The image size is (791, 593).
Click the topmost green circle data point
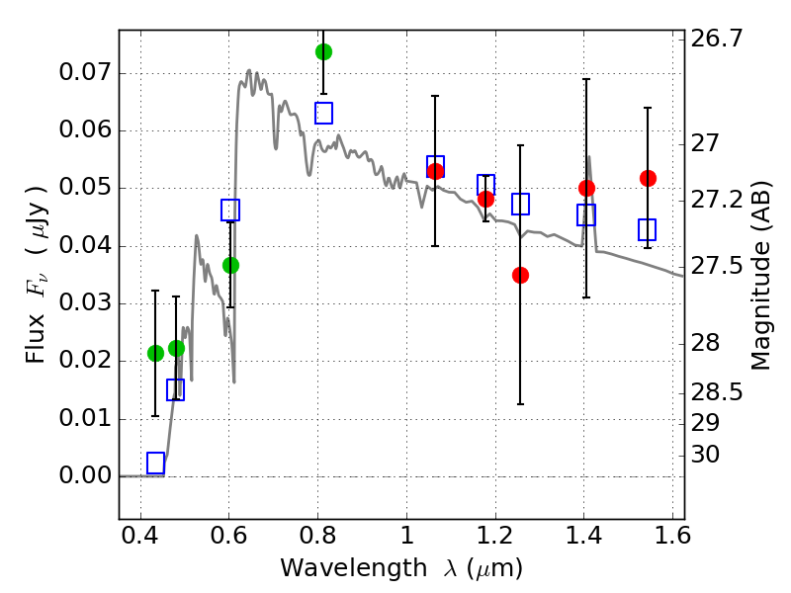tap(323, 51)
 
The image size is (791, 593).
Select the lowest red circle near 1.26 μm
tap(520, 275)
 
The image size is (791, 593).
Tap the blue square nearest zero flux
tap(155, 463)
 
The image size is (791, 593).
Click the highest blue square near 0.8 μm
tap(323, 113)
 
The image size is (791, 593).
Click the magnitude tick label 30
tap(708, 455)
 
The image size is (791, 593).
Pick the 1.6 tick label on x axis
tap(670, 540)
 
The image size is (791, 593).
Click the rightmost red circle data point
tap(648, 178)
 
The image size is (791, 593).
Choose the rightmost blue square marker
tap(648, 229)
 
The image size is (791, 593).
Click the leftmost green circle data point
tap(155, 353)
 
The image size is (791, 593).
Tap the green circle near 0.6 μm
tap(230, 265)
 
